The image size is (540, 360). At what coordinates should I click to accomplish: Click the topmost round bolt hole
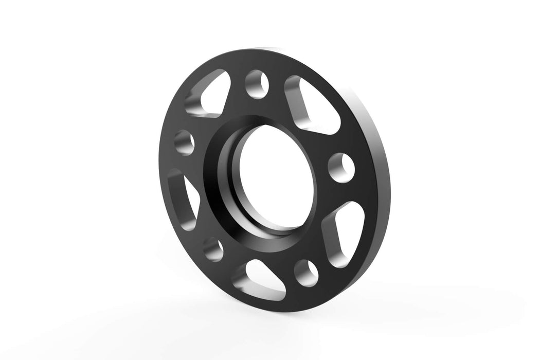[x=258, y=84]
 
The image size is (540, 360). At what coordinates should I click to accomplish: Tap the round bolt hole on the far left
[x=184, y=142]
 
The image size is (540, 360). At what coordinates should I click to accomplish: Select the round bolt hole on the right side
[x=341, y=167]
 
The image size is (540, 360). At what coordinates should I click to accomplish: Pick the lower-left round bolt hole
[x=213, y=248]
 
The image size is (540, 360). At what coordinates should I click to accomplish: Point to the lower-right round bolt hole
[x=305, y=271]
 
